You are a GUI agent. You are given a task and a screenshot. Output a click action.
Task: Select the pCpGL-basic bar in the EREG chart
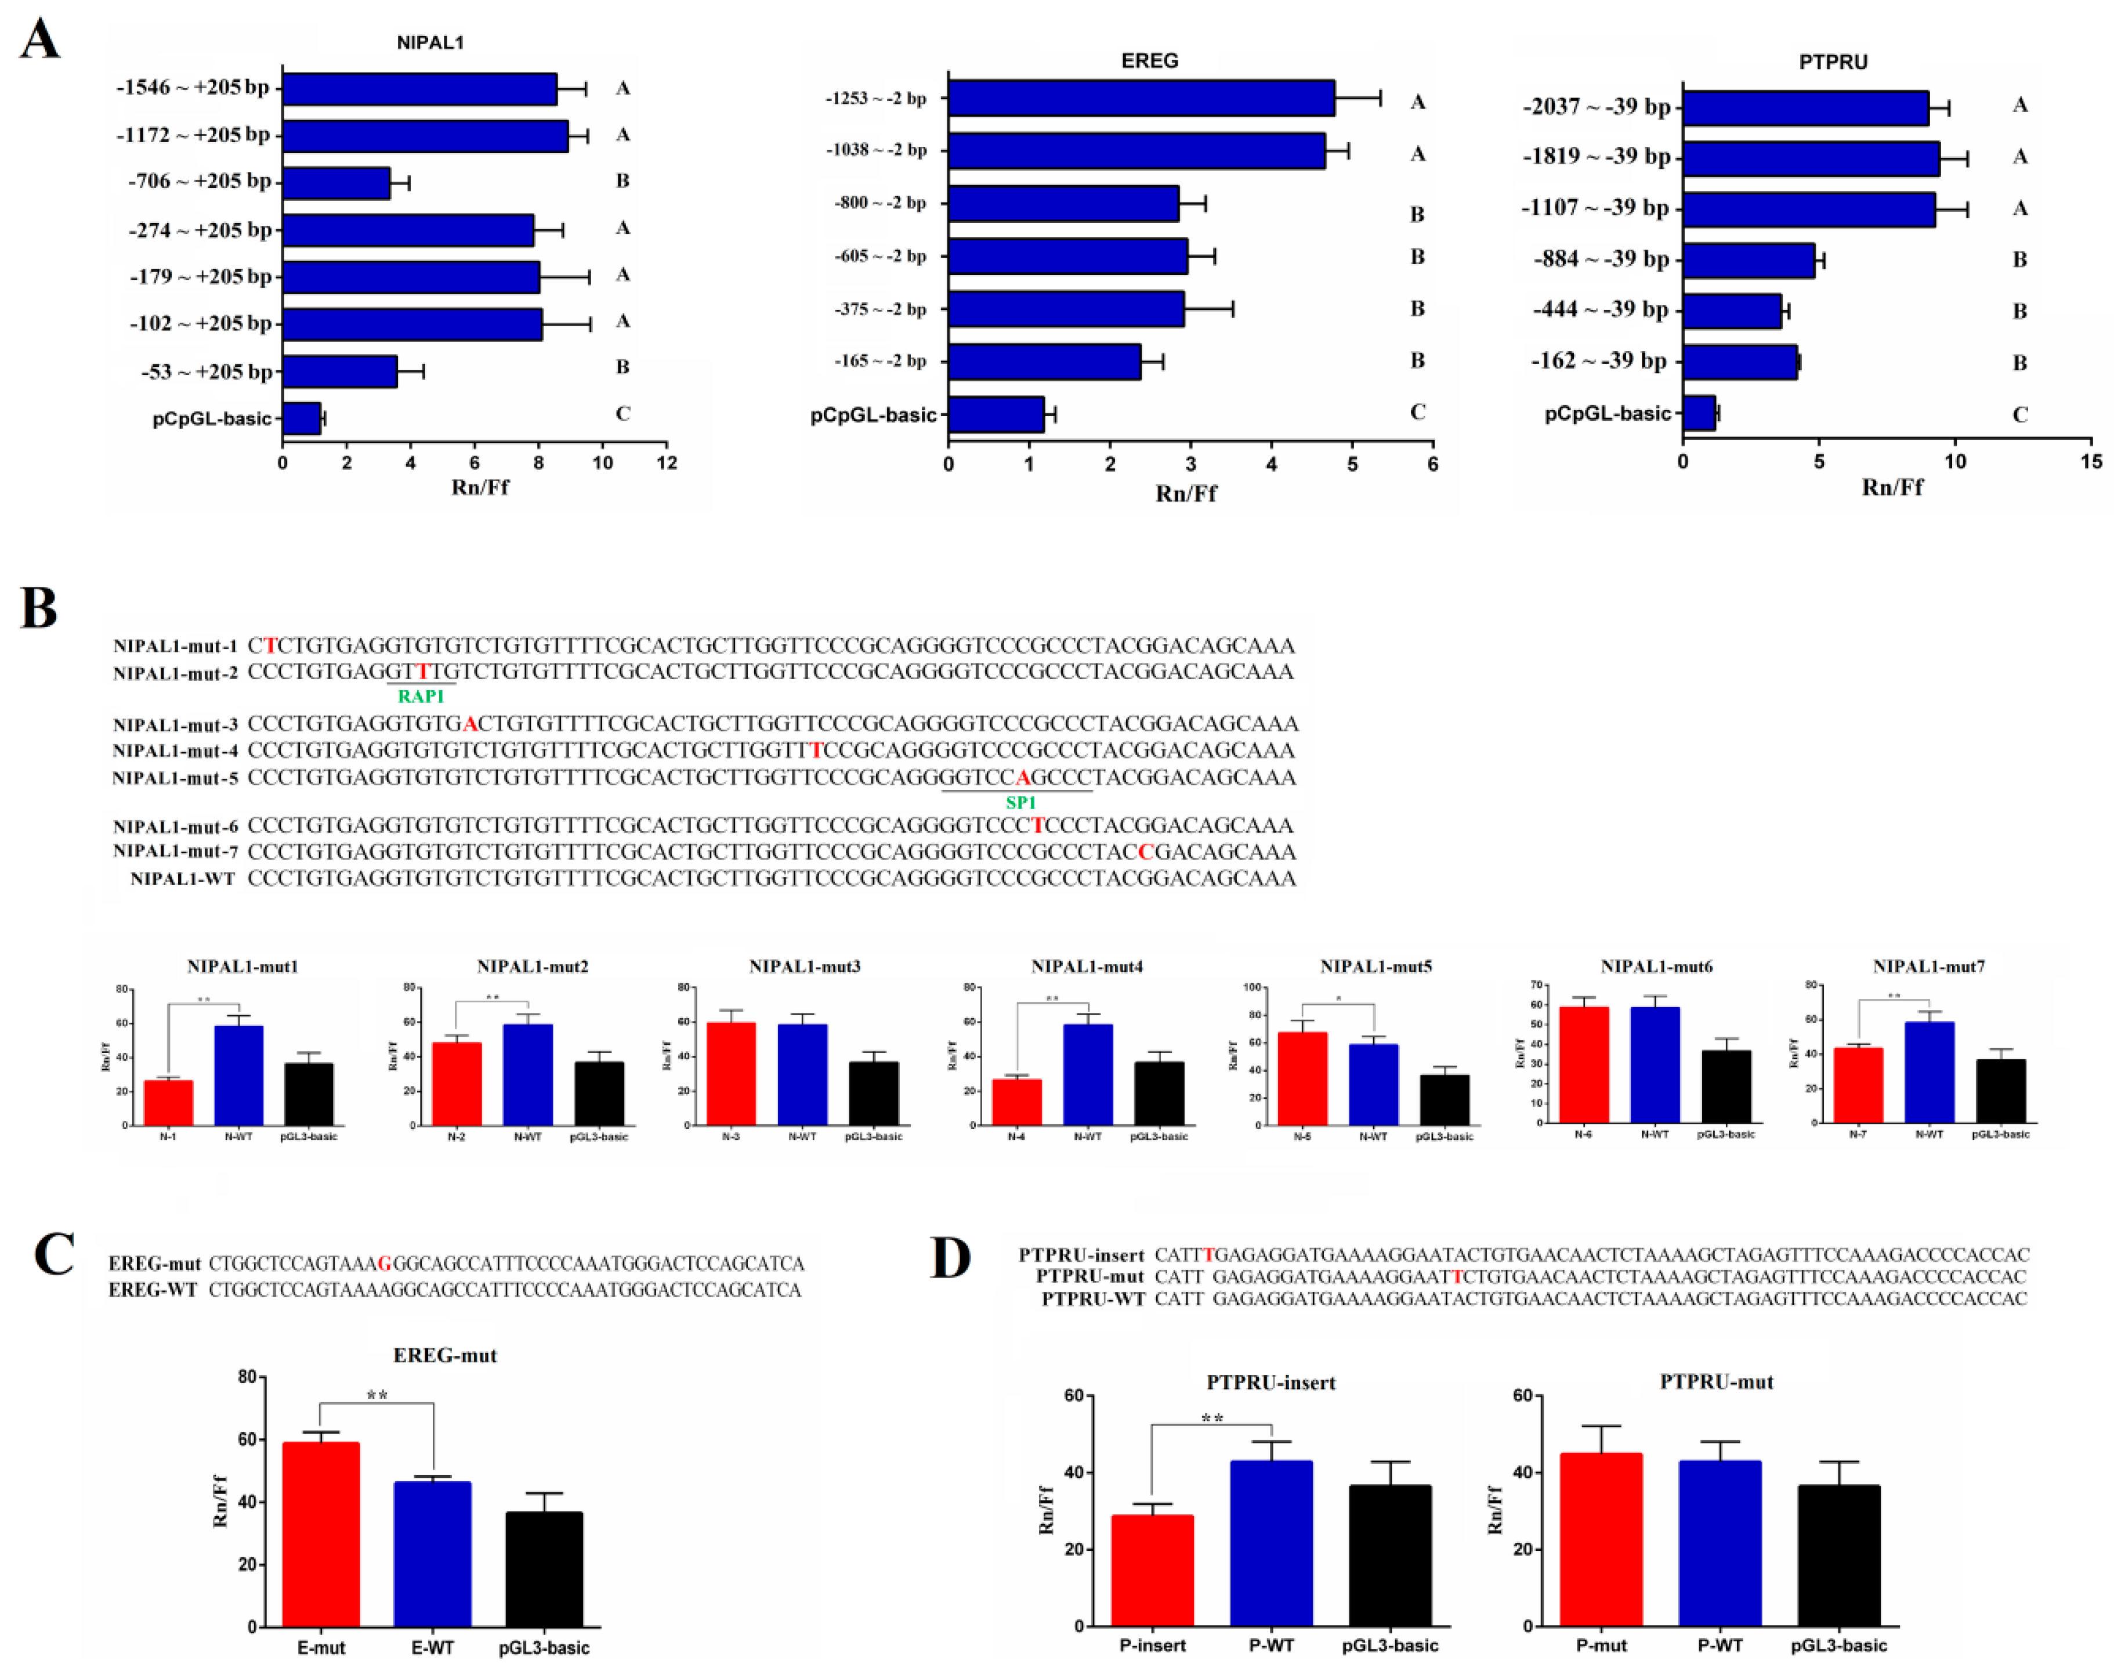point(995,414)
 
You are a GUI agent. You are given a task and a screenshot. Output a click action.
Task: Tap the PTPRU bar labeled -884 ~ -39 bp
point(1747,259)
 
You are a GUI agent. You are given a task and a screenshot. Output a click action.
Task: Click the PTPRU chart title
point(1832,62)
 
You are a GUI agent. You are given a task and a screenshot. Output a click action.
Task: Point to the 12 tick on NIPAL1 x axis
point(667,463)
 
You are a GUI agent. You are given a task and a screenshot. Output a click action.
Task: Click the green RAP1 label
point(421,696)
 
